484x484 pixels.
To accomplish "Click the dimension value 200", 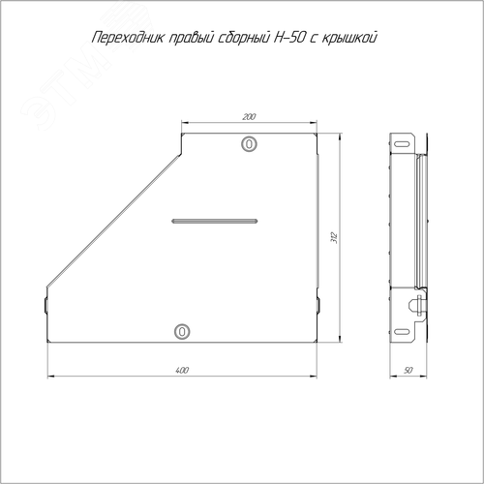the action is point(249,116).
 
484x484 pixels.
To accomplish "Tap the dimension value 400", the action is point(182,370).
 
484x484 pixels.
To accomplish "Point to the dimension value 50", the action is point(408,370).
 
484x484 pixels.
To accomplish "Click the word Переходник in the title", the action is point(129,38).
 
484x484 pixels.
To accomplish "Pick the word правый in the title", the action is point(192,39).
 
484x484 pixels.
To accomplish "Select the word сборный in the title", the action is point(244,38).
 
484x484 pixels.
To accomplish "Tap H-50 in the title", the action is point(288,38).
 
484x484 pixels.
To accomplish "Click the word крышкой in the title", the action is point(349,39).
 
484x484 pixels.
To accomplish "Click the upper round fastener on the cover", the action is point(249,143).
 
